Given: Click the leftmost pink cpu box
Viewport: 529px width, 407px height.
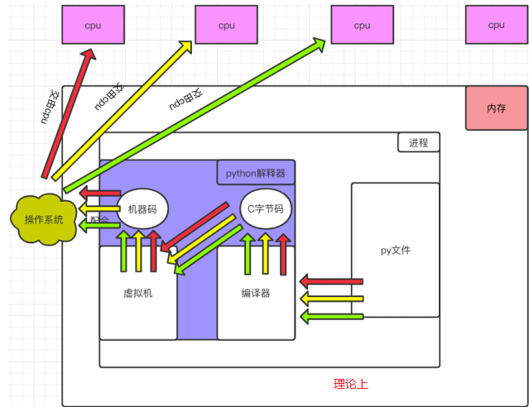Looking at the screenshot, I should click(93, 25).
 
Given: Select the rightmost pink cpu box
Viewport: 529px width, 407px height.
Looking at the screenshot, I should click(496, 25).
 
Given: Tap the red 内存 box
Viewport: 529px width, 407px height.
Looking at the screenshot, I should click(496, 108).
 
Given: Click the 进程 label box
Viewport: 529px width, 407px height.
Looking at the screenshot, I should click(419, 142).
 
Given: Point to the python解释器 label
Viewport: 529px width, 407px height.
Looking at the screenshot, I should click(256, 173).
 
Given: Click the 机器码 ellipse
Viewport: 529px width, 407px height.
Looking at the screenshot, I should click(142, 209).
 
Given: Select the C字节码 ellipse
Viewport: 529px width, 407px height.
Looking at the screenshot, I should click(266, 209).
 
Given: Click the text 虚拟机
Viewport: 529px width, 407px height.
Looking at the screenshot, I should click(137, 293).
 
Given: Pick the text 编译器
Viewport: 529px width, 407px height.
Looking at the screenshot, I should click(256, 293).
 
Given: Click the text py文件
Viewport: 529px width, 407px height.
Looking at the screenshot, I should click(395, 250).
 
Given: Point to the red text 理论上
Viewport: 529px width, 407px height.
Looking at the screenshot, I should click(350, 384).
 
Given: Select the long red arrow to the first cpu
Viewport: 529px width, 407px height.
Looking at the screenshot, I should click(68, 112).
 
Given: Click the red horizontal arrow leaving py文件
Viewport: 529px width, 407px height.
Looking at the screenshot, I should click(331, 281).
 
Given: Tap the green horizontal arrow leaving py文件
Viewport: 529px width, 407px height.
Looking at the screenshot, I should click(331, 316).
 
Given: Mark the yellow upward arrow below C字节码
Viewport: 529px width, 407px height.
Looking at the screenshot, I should click(265, 253).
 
